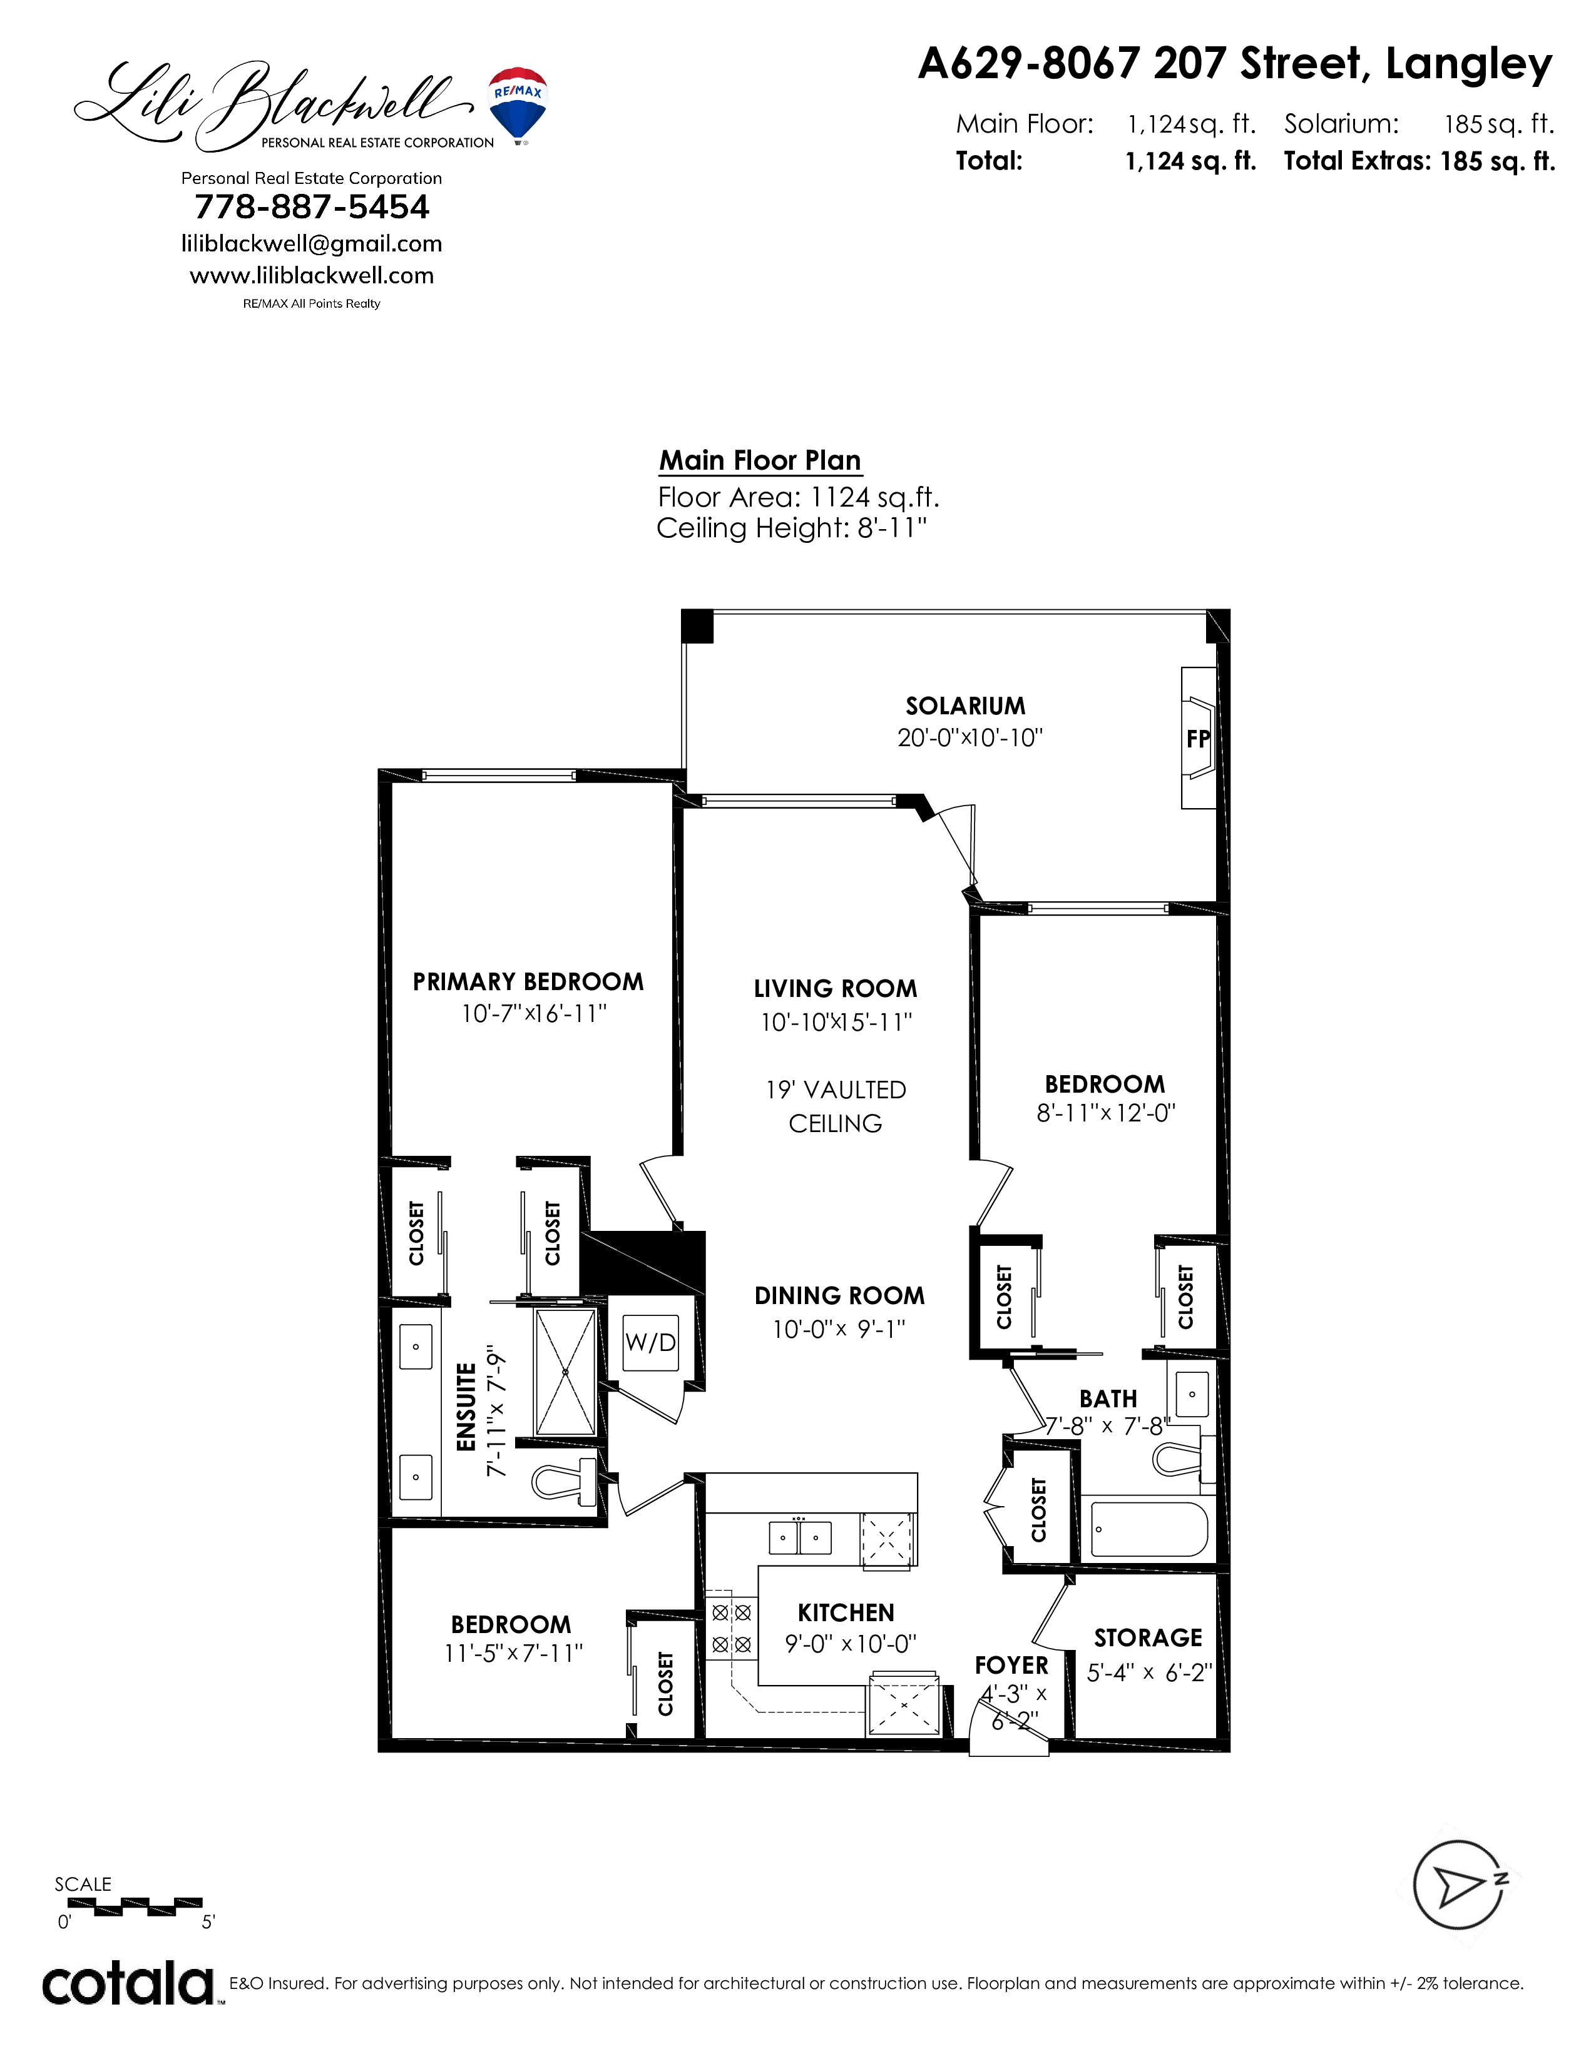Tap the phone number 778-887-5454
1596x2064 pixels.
(x=312, y=207)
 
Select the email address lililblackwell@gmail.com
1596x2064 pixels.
(x=312, y=244)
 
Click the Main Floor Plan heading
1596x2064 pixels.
(x=760, y=460)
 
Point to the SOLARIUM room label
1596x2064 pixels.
(x=965, y=706)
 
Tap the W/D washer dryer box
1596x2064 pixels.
(x=650, y=1342)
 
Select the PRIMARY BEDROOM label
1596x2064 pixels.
(x=528, y=982)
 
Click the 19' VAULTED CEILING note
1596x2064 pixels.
(x=836, y=1106)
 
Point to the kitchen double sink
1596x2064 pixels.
(x=800, y=1537)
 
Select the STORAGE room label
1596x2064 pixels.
(x=1148, y=1638)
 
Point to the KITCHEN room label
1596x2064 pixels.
(x=846, y=1613)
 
